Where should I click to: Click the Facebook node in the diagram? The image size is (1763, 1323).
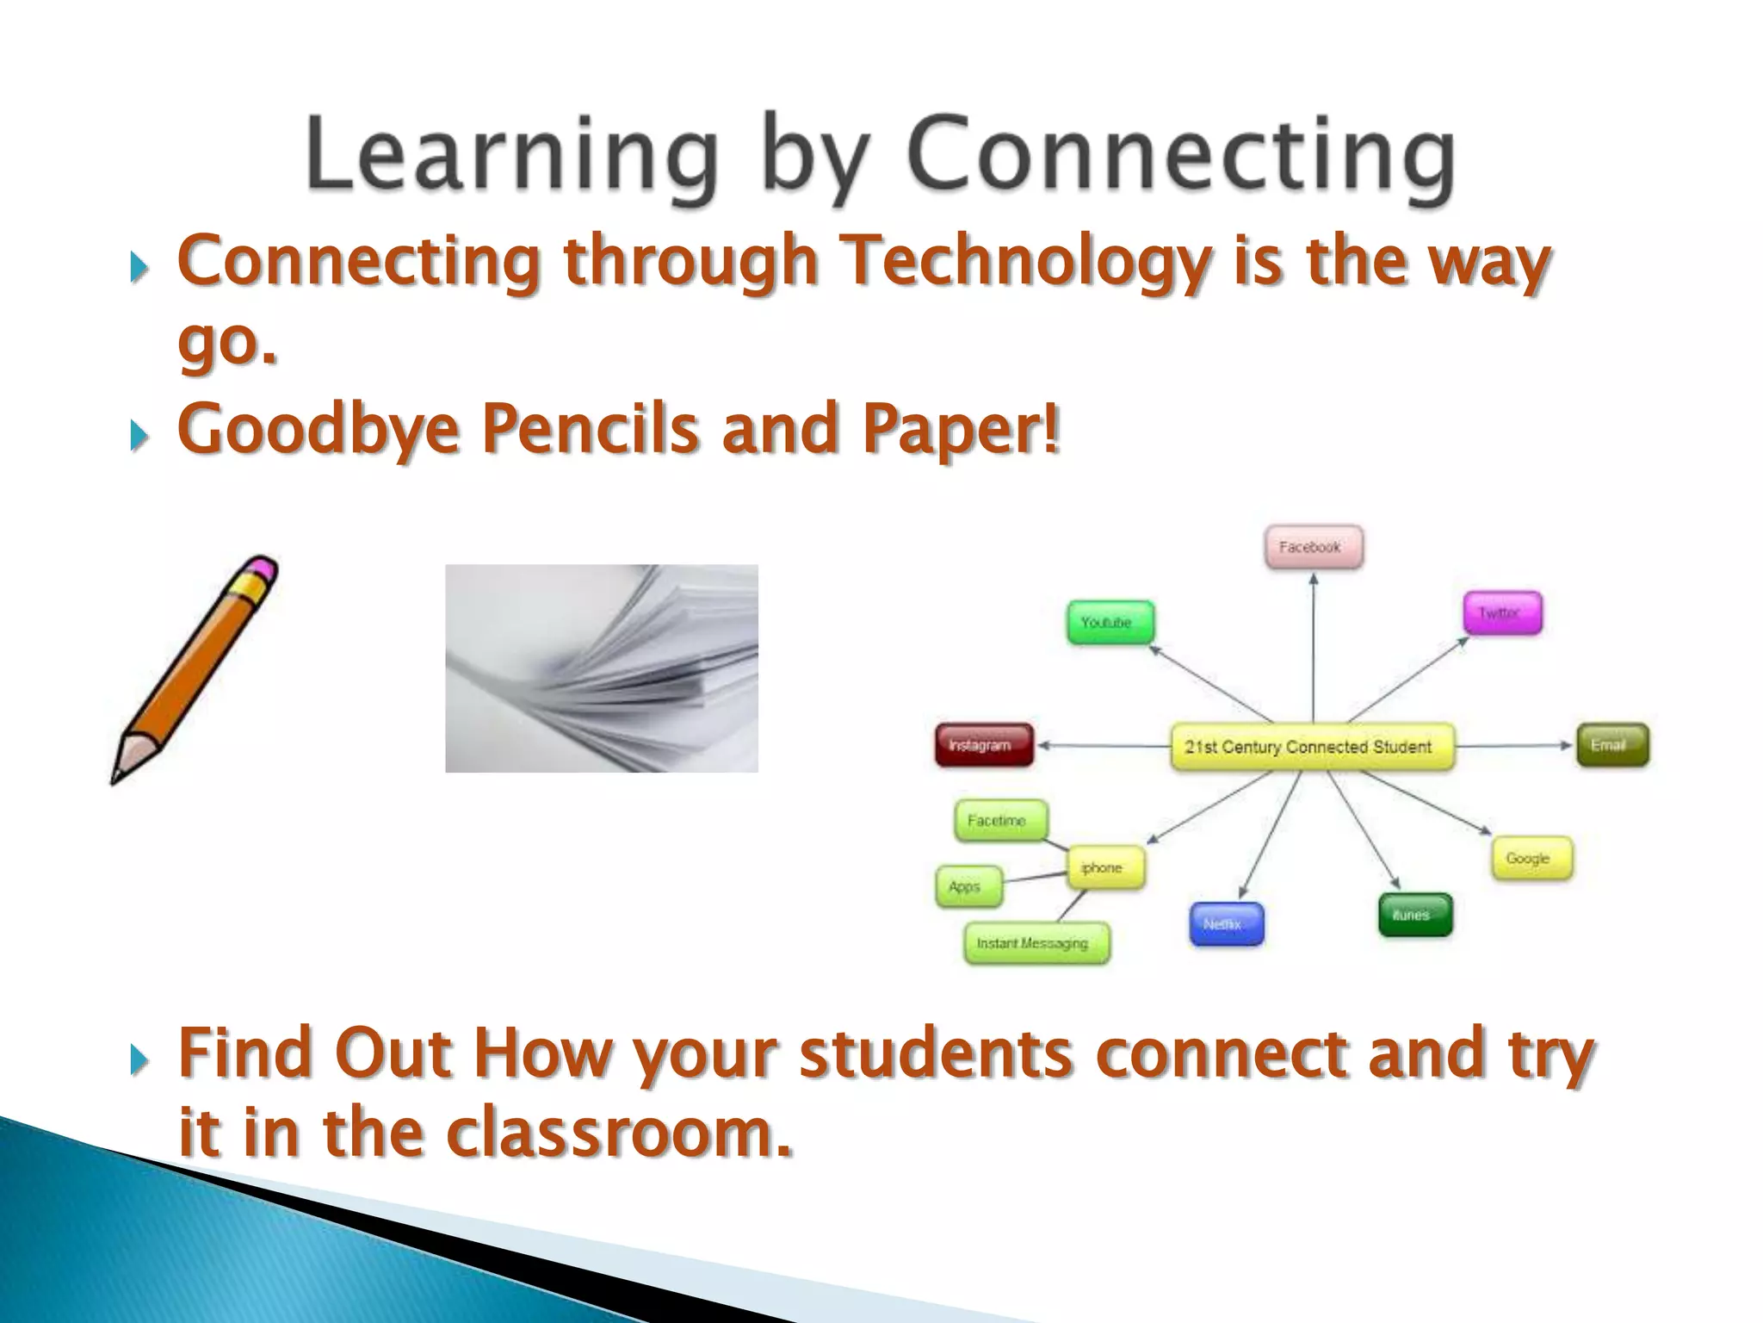(1313, 547)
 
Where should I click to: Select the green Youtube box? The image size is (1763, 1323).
(1110, 622)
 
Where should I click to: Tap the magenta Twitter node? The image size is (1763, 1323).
(1502, 613)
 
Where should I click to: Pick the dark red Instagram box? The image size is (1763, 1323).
(983, 745)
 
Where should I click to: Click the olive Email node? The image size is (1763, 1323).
(1611, 745)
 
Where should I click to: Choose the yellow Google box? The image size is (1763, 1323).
(1531, 858)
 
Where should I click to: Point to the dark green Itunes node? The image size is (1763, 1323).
(1414, 915)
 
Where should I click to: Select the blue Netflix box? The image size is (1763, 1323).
(1226, 924)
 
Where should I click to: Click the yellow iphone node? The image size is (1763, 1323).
(1105, 867)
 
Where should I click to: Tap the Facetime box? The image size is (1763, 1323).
(1000, 821)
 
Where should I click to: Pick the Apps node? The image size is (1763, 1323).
(968, 886)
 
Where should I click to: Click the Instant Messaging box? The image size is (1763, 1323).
(1036, 943)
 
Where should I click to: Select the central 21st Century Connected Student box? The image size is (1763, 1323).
(1310, 747)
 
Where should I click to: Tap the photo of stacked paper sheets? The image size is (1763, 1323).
(601, 668)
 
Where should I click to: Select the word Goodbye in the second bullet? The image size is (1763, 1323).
(318, 430)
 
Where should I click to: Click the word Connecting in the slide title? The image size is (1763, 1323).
(1179, 158)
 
